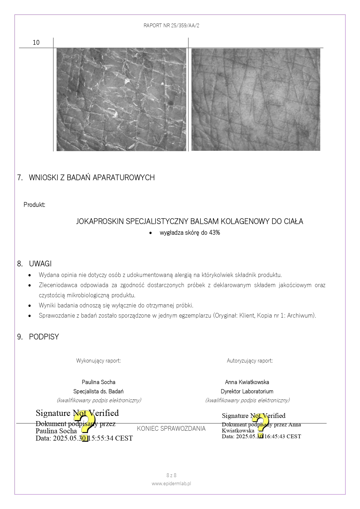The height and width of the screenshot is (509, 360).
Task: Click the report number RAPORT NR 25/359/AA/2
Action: click(x=171, y=26)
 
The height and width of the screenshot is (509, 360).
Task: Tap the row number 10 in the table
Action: click(x=36, y=43)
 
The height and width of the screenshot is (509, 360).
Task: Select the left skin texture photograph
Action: click(x=121, y=99)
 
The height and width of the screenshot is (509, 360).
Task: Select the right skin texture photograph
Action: click(x=256, y=99)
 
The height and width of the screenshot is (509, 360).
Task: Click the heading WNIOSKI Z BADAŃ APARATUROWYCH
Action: click(x=92, y=177)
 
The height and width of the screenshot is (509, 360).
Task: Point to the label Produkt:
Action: click(x=34, y=205)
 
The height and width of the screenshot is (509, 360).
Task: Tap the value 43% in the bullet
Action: click(x=214, y=233)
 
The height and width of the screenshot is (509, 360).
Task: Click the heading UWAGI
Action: click(x=40, y=264)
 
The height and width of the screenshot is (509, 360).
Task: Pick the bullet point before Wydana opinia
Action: click(x=30, y=275)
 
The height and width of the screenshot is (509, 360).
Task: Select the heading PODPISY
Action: click(x=44, y=337)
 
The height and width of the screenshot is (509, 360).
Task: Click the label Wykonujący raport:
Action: click(x=98, y=361)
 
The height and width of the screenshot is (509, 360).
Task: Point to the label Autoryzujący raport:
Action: click(x=249, y=361)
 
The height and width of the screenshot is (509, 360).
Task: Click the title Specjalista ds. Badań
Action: click(x=98, y=391)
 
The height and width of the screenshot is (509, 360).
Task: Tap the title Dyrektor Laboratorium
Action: click(x=247, y=391)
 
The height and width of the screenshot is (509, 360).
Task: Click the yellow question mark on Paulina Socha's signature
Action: click(x=84, y=425)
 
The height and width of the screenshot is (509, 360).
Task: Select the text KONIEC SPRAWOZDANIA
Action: click(x=171, y=429)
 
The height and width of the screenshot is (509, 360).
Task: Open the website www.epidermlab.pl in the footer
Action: click(x=171, y=483)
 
